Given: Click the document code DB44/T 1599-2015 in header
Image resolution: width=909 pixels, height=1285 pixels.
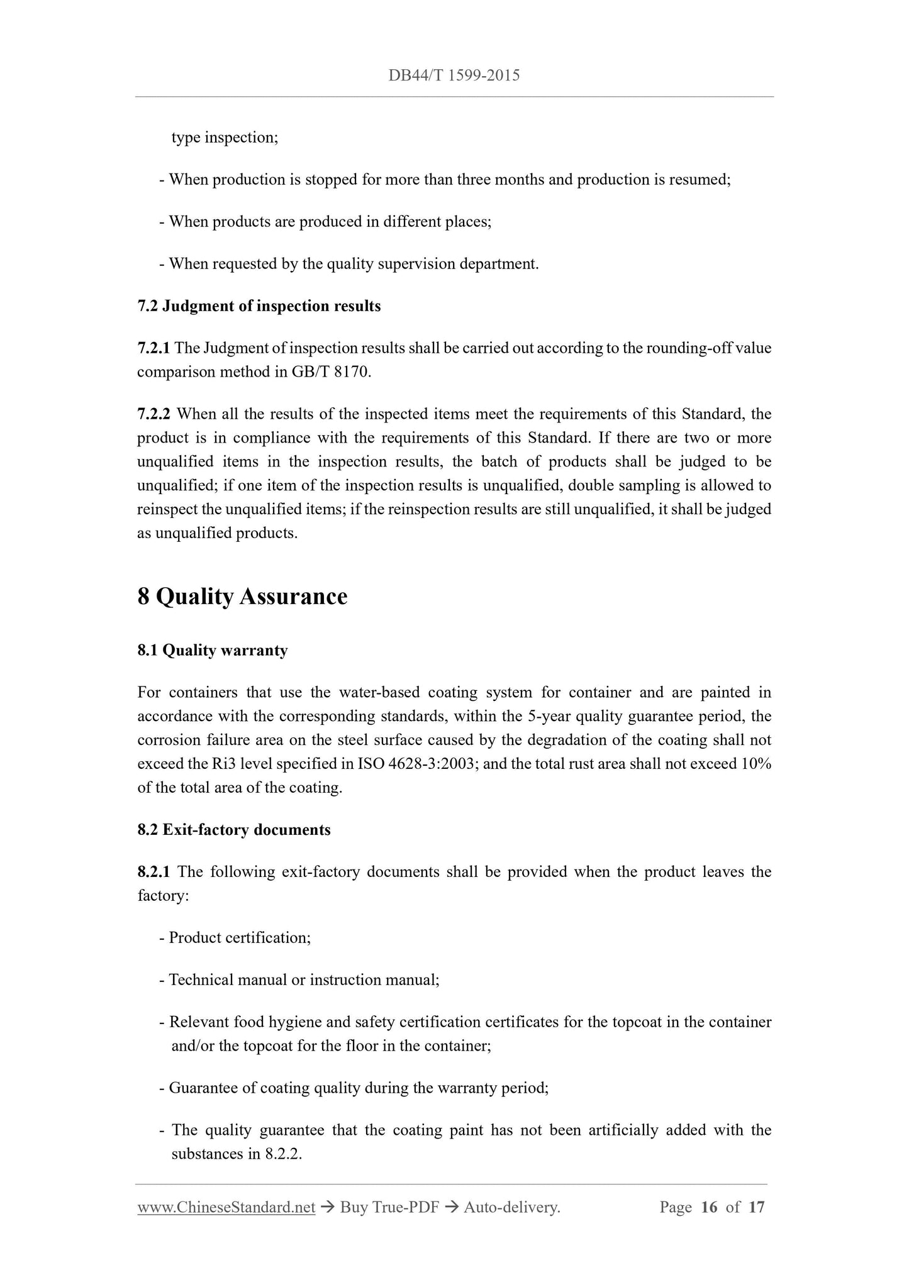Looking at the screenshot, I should pyautogui.click(x=454, y=76).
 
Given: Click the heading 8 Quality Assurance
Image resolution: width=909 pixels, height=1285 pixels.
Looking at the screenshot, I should pyautogui.click(x=242, y=596).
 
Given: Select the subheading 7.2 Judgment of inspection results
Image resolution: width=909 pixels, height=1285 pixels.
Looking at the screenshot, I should pyautogui.click(x=259, y=306).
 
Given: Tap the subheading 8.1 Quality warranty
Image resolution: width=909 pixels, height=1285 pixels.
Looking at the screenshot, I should pyautogui.click(x=212, y=650).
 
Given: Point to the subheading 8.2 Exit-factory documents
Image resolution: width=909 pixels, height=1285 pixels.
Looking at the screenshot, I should pyautogui.click(x=233, y=830).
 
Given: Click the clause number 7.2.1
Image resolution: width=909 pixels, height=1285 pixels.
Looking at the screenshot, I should pyautogui.click(x=153, y=348).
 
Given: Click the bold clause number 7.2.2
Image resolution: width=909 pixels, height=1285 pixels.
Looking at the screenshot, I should pyautogui.click(x=153, y=414).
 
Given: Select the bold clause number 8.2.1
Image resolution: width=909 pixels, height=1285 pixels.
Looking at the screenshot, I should pyautogui.click(x=153, y=872).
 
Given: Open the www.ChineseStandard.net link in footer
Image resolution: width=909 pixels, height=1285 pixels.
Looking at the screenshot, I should pyautogui.click(x=226, y=1207).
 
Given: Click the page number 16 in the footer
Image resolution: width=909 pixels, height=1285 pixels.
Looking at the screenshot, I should pyautogui.click(x=708, y=1207).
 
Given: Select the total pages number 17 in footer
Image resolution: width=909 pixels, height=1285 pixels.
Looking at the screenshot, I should pyautogui.click(x=757, y=1207).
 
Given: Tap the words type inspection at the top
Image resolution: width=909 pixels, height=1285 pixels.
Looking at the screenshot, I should pyautogui.click(x=225, y=138).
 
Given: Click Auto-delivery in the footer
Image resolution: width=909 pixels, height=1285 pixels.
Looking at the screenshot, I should pyautogui.click(x=511, y=1207).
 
